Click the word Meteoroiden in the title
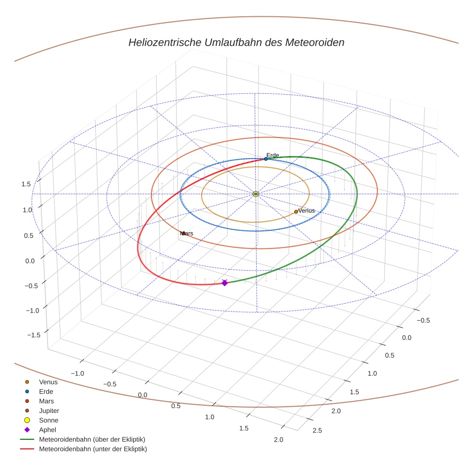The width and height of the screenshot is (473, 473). [x=315, y=42]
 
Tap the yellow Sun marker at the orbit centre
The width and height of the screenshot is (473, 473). [x=256, y=194]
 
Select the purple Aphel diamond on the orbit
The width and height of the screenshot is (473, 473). [x=224, y=283]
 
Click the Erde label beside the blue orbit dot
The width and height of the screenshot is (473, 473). [x=273, y=155]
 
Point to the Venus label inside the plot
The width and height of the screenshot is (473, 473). [x=306, y=211]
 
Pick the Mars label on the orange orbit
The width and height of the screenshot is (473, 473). [x=187, y=233]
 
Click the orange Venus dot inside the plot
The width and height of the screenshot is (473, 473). [x=296, y=212]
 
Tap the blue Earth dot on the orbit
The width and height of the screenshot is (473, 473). [x=266, y=159]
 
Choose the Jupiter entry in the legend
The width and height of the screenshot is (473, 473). [x=49, y=411]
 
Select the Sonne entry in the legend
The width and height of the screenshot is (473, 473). [x=49, y=420]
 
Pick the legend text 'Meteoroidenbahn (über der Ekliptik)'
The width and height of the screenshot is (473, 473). [x=92, y=439]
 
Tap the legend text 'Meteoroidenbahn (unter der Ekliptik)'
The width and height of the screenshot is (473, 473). [x=93, y=449]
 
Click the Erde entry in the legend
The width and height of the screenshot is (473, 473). [x=46, y=391]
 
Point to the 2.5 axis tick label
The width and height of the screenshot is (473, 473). [x=317, y=430]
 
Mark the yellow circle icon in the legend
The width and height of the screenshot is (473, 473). [x=27, y=420]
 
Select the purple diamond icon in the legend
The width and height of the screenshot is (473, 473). [x=27, y=430]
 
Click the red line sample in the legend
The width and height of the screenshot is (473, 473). [x=27, y=449]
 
